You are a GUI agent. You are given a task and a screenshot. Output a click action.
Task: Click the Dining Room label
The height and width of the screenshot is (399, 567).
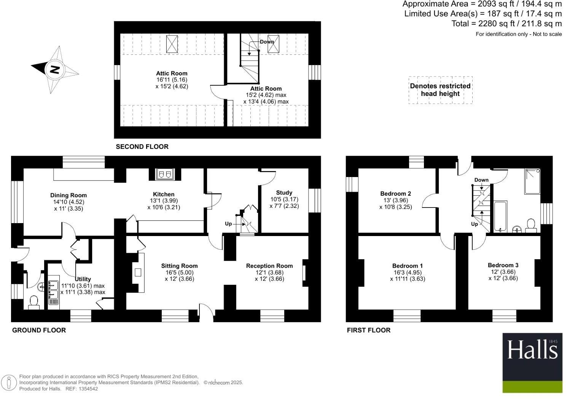point(68,195)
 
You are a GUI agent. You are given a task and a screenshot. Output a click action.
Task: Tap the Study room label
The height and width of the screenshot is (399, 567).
point(284,193)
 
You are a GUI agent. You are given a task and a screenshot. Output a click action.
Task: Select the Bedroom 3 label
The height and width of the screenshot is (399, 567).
point(503,265)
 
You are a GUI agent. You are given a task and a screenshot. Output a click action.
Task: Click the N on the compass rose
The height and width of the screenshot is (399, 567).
point(55,70)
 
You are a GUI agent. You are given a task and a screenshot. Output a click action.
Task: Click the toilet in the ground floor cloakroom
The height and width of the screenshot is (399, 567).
point(34,303)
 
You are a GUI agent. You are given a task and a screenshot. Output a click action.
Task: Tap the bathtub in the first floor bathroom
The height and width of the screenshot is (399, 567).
point(500,217)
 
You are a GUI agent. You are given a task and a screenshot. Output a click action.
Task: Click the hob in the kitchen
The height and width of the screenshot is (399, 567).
point(164,174)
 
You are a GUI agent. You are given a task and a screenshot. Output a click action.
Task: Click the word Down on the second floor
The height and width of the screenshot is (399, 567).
point(267,41)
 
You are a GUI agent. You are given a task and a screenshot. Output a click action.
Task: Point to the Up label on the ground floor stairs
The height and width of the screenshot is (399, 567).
point(228,223)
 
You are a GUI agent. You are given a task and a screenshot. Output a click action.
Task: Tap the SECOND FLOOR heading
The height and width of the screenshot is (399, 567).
point(142,147)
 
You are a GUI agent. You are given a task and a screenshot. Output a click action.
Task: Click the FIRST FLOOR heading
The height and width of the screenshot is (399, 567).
point(368,330)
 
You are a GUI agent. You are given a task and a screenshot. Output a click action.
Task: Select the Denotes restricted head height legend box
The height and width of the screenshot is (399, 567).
point(440,90)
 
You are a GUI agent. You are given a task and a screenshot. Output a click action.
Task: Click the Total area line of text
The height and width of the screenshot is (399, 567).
point(506,24)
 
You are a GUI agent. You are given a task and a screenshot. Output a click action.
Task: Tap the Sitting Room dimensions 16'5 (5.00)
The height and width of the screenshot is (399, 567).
point(179,272)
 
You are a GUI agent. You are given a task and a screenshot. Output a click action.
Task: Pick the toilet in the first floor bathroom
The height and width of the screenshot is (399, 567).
point(530,225)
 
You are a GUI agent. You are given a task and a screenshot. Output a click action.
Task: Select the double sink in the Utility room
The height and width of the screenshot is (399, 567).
point(53,290)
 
